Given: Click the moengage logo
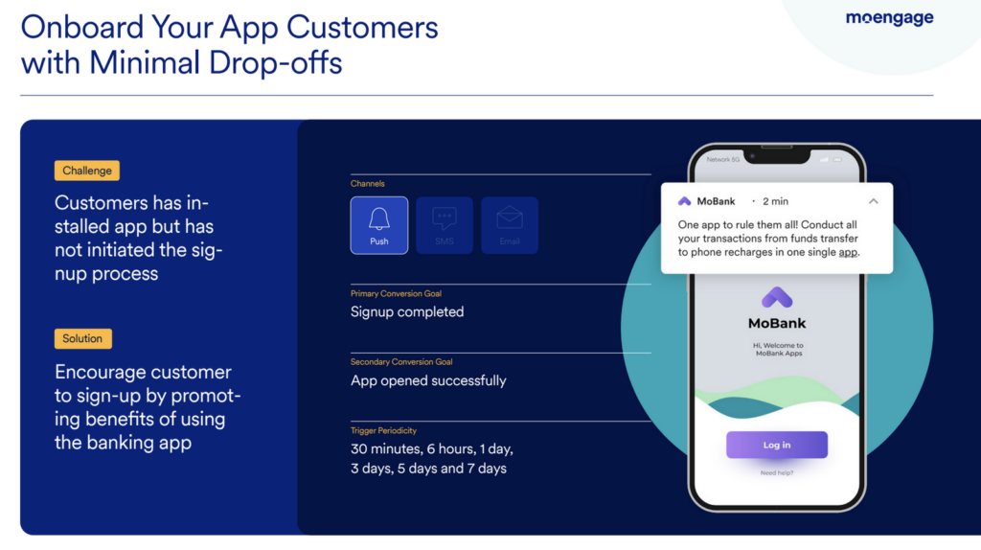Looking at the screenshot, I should coord(889,18).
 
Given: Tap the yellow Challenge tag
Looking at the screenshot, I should coord(87,171).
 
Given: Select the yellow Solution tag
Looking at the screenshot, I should coord(83,338).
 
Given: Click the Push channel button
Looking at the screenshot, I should coord(379,225).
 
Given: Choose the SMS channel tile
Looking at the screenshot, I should coord(445,225).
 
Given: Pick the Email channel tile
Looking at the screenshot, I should coord(510,225).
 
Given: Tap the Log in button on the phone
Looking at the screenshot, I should coord(777,445).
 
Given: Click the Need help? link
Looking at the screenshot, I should coord(777,473).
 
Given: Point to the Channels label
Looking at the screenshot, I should coord(368,183).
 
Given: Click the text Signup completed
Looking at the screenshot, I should coord(407,311).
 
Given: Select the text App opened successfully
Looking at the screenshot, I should coord(428,380).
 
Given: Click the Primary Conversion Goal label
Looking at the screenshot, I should coord(396,293).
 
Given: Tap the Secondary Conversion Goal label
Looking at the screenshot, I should coord(401,362).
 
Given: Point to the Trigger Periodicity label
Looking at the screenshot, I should coord(383,431).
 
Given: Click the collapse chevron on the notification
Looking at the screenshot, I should coord(873,201).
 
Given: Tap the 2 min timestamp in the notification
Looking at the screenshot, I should coord(775,201).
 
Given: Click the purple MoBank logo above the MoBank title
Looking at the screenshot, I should coord(777,297).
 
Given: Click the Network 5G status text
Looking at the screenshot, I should coord(724,159).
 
